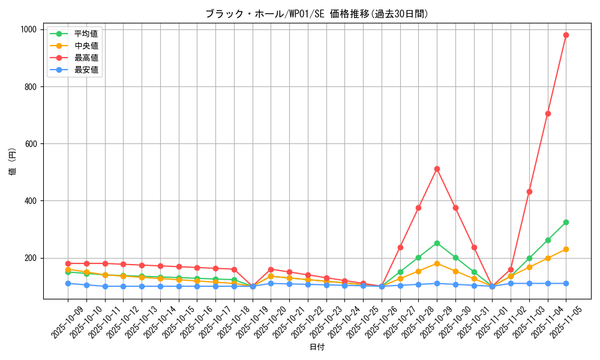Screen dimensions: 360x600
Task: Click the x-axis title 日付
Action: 317,347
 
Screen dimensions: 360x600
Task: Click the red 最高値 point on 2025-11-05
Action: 566,35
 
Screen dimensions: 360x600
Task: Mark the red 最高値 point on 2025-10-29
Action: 437,169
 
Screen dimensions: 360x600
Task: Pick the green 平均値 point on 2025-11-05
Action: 566,222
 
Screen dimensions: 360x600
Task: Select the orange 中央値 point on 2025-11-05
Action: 566,249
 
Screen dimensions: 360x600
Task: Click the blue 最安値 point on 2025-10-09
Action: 68,283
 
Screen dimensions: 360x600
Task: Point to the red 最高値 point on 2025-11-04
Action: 548,113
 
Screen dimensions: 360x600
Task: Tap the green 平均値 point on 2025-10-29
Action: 437,243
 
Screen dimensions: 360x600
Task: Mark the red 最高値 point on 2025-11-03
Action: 529,191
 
